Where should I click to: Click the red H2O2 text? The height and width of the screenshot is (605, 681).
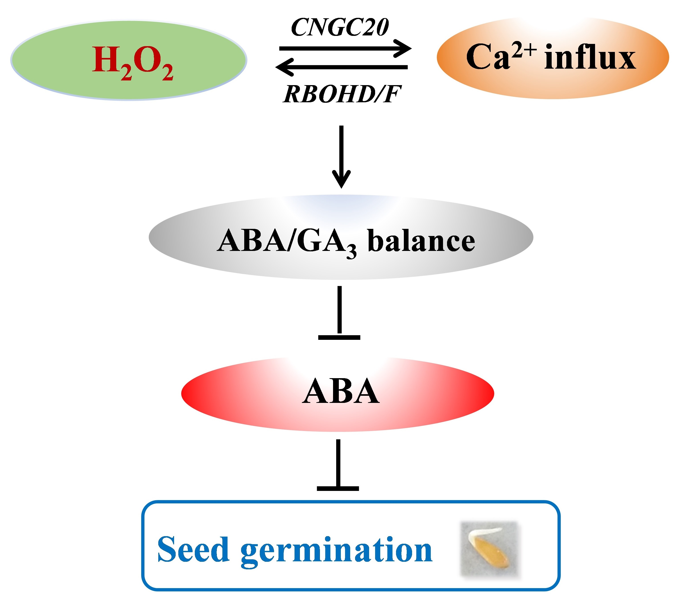(133, 62)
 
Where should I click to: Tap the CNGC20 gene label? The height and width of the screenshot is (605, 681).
(340, 27)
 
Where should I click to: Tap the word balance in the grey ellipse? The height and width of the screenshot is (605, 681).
(421, 241)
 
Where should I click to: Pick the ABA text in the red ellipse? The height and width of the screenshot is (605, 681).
(341, 392)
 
